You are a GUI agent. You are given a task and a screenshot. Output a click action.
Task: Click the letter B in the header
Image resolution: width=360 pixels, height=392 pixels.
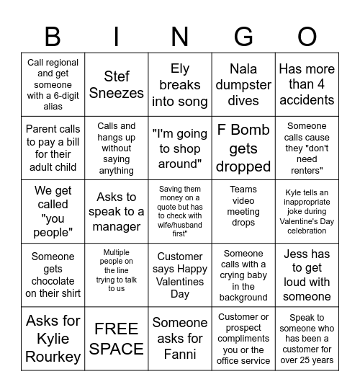53,36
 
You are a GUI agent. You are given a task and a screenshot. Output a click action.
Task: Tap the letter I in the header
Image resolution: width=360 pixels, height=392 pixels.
117,36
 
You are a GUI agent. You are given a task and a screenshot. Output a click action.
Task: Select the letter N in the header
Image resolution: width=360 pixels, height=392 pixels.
180,36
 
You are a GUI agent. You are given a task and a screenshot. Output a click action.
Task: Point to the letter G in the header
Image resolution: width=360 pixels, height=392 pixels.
243,36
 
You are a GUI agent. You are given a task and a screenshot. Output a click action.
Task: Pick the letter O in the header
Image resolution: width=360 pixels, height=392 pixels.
307,36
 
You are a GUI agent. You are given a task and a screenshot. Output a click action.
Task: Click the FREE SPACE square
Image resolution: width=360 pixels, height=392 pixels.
117,339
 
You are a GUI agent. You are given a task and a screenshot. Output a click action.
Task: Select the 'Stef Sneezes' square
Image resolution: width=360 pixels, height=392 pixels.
117,85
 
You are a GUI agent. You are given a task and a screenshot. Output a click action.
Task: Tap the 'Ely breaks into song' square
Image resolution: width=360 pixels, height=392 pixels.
180,85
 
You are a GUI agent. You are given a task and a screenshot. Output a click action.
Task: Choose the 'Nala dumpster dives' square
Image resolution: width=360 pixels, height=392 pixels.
243,85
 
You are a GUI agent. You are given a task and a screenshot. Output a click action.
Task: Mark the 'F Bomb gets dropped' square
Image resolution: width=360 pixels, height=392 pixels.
243,148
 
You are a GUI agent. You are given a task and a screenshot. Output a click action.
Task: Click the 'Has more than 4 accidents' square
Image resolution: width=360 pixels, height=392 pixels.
307,85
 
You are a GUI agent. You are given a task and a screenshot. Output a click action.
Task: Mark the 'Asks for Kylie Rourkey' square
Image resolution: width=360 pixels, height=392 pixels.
53,339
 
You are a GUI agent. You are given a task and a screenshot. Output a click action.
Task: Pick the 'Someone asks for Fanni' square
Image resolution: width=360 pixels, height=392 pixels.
180,339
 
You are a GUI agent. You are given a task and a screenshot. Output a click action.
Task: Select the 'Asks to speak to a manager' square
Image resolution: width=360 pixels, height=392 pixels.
117,212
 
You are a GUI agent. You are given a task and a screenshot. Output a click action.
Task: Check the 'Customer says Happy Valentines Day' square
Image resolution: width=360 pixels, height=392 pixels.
180,275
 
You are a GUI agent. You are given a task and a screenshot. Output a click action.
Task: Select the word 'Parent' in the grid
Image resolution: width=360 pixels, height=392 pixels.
42,130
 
